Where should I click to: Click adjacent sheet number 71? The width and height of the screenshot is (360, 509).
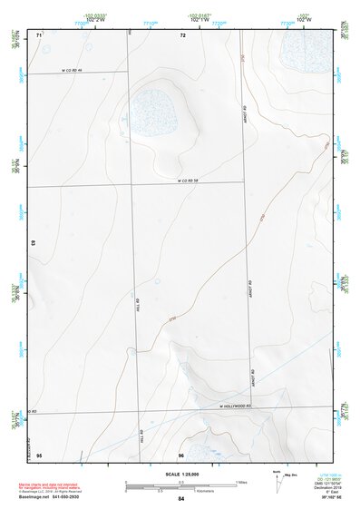click(x=38, y=34)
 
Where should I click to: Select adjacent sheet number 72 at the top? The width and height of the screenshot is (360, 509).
click(x=182, y=34)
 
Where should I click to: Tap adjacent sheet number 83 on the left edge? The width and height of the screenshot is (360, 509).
click(x=34, y=243)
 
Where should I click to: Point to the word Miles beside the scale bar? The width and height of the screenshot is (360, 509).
click(x=241, y=481)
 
